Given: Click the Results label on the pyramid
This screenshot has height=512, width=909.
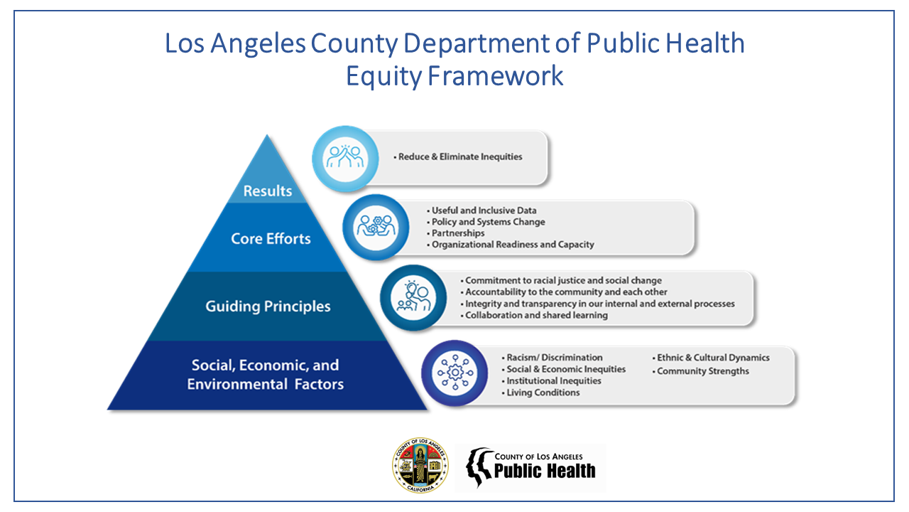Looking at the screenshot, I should pyautogui.click(x=268, y=191).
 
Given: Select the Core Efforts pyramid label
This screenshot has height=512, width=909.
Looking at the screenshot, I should pyautogui.click(x=271, y=238).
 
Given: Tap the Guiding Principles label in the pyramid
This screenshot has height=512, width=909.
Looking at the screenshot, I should pyautogui.click(x=268, y=306).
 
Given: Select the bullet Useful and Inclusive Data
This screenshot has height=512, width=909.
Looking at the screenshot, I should pyautogui.click(x=484, y=210).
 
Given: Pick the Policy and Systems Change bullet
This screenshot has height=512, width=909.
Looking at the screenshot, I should pyautogui.click(x=488, y=222).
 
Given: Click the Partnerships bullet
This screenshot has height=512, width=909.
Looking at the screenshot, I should pyautogui.click(x=458, y=233).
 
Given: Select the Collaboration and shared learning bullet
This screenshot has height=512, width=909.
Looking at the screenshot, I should pyautogui.click(x=535, y=315).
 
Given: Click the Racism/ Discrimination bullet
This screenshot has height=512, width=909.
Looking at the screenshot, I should pyautogui.click(x=554, y=358).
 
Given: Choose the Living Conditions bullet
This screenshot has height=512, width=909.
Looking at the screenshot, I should pyautogui.click(x=543, y=393).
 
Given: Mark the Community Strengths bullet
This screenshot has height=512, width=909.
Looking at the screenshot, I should pyautogui.click(x=702, y=371).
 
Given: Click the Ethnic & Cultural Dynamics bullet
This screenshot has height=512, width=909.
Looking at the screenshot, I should pyautogui.click(x=712, y=358).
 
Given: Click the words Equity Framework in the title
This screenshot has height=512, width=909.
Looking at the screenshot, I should pyautogui.click(x=454, y=75).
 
